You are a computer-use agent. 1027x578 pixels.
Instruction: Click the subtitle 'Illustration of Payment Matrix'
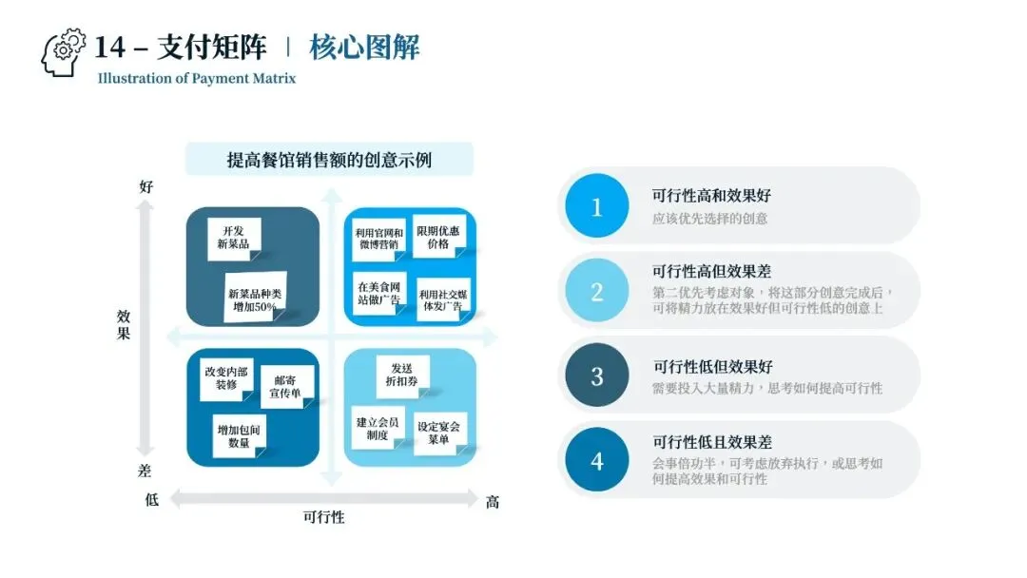coord(196,78)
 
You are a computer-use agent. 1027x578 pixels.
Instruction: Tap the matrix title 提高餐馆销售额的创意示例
coord(329,159)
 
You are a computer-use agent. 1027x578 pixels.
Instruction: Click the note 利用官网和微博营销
coord(378,238)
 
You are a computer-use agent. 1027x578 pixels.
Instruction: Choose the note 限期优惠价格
coord(437,237)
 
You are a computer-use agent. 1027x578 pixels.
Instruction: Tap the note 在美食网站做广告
coord(378,293)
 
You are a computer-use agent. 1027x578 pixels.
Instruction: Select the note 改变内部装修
coord(226,378)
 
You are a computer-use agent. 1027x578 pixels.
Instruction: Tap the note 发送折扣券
coord(401,373)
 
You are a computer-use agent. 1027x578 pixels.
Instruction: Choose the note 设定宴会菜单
coord(438,433)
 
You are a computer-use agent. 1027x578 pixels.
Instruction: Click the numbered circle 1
coord(596,206)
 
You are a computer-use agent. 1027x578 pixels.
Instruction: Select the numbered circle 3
coord(596,376)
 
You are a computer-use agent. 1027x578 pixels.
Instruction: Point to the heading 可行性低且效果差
coord(711,442)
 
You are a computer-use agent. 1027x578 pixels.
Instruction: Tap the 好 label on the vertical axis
coord(146,187)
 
